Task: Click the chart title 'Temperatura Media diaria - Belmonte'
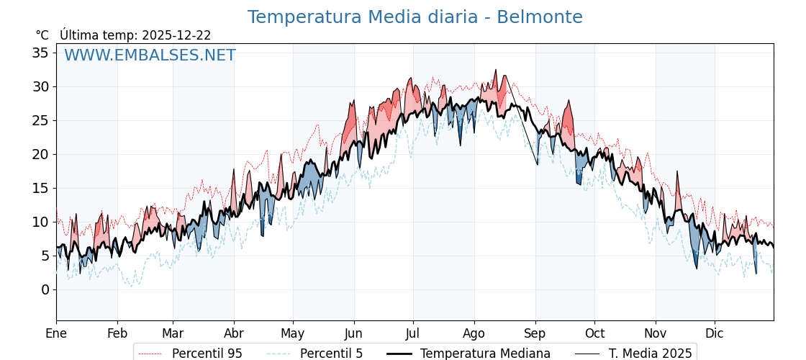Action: click(415, 17)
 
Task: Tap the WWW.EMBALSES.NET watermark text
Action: click(150, 55)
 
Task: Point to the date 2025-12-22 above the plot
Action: click(176, 35)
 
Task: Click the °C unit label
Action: click(42, 35)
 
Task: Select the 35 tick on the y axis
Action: click(40, 53)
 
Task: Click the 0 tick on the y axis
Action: click(45, 289)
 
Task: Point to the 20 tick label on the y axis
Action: click(40, 154)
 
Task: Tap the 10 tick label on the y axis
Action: click(40, 222)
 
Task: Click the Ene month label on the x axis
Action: click(56, 333)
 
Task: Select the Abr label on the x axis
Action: click(234, 333)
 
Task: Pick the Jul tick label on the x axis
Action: click(413, 333)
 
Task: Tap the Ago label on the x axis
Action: click(474, 333)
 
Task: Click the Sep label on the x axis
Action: click(535, 333)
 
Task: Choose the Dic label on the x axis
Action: click(715, 333)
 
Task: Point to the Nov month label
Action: click(656, 333)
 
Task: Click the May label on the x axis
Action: click(293, 333)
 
